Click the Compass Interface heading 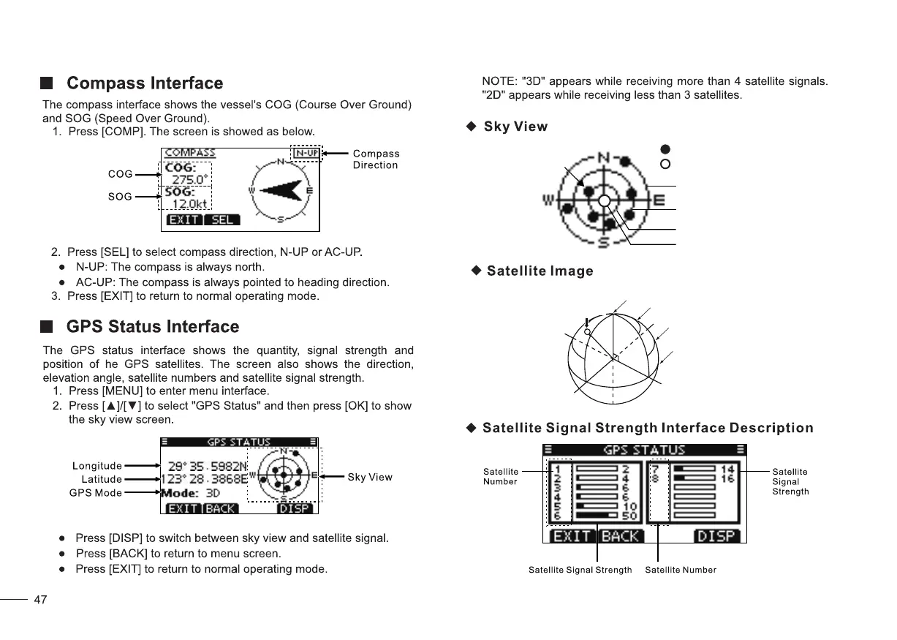(144, 83)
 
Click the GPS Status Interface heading (152, 326)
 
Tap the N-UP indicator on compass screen (306, 154)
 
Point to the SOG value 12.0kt (189, 204)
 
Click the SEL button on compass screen (222, 219)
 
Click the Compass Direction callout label (376, 159)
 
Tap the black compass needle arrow (281, 190)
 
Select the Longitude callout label (97, 466)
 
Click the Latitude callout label (102, 479)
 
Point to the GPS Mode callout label (96, 493)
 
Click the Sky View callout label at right (370, 478)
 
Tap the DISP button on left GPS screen (295, 508)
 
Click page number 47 (41, 601)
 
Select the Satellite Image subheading (540, 271)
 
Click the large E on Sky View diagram (658, 200)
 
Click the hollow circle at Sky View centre (604, 200)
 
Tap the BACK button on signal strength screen (620, 536)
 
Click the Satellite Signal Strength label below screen (580, 570)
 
